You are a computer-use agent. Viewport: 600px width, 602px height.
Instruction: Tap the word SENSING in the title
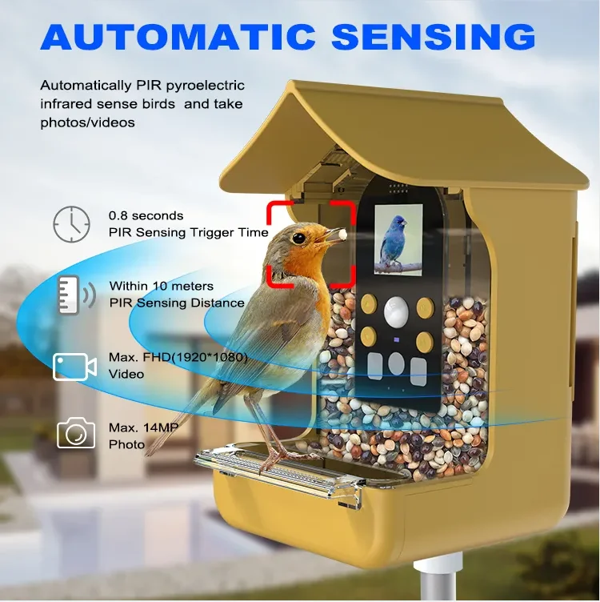[x=433, y=37]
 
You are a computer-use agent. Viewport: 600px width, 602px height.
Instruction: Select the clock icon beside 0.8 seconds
[x=71, y=223]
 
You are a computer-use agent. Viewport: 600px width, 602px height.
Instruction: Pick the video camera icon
[x=74, y=367]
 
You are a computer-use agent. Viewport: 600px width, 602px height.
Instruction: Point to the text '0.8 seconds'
[x=146, y=216]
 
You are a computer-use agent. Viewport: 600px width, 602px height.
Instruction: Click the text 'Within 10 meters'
[x=162, y=286]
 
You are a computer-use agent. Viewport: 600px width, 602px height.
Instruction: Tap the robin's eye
[x=299, y=237]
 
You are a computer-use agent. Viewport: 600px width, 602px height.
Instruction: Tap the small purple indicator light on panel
[x=397, y=340]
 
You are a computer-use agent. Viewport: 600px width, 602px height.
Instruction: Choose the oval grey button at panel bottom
[x=396, y=363]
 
